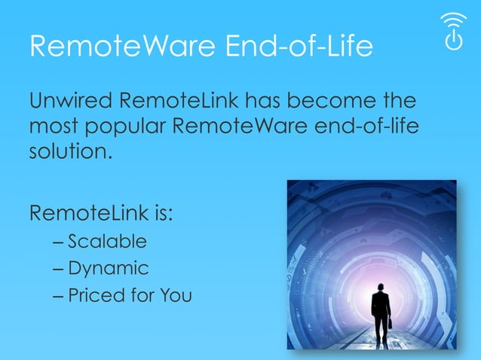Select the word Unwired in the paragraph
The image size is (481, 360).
click(72, 100)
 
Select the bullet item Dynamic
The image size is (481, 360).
click(109, 268)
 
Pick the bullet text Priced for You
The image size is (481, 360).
click(130, 294)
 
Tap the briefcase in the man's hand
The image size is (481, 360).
click(391, 323)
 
